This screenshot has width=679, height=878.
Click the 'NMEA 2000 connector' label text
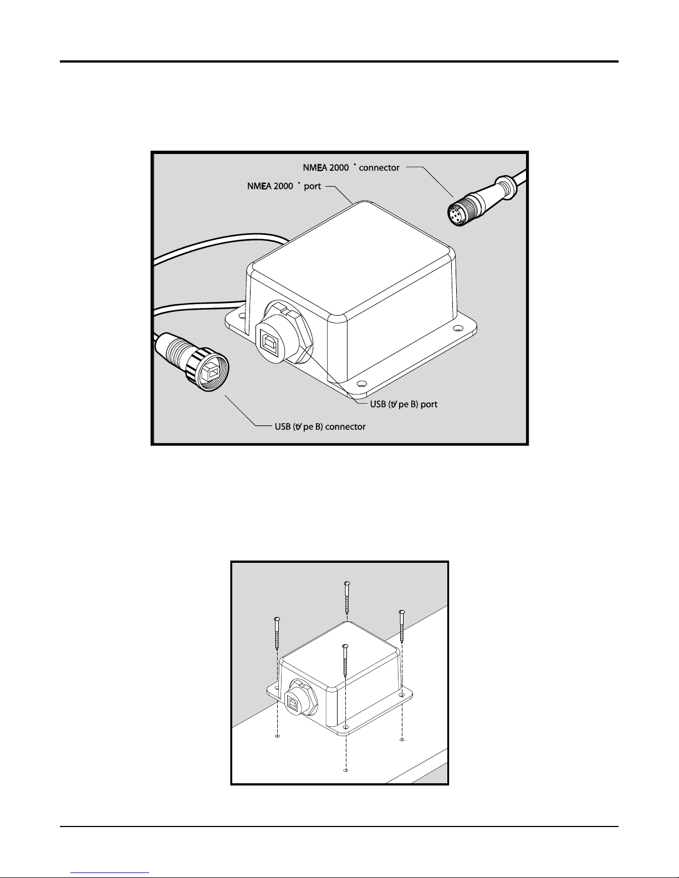[351, 167]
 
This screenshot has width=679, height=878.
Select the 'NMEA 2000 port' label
[284, 186]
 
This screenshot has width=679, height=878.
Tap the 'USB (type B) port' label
[404, 404]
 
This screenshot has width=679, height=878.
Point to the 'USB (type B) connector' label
[320, 427]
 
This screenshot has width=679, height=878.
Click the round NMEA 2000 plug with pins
[460, 210]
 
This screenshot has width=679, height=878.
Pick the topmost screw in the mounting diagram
[346, 599]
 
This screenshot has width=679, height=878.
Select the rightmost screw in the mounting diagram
[402, 629]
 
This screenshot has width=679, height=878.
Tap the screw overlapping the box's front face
[345, 662]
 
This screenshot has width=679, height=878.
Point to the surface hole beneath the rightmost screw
[402, 740]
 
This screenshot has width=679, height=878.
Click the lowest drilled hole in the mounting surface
[346, 771]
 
